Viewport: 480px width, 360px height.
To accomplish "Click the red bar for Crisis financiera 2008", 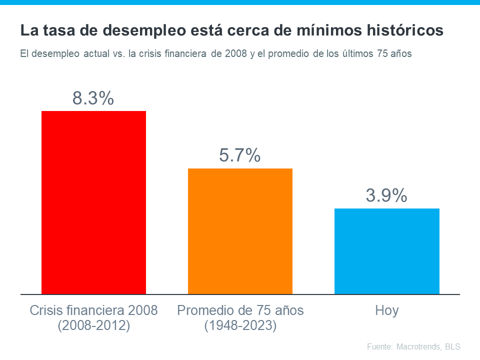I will (93, 202).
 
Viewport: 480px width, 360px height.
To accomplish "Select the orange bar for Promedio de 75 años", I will (240, 231).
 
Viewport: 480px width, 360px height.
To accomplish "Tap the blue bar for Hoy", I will (386, 251).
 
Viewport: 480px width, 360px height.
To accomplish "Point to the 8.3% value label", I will (93, 98).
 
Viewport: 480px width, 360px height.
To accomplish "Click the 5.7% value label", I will (239, 156).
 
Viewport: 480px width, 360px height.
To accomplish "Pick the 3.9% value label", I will (386, 196).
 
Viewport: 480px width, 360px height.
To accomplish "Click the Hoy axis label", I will (386, 310).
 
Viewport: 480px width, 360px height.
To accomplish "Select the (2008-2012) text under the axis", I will (93, 326).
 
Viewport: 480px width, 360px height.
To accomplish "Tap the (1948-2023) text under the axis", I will (240, 326).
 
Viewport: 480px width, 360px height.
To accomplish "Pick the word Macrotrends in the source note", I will (419, 346).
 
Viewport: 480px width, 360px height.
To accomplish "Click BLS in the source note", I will (452, 346).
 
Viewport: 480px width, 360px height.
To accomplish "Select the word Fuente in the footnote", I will (379, 346).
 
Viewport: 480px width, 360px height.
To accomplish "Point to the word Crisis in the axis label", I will (45, 310).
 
